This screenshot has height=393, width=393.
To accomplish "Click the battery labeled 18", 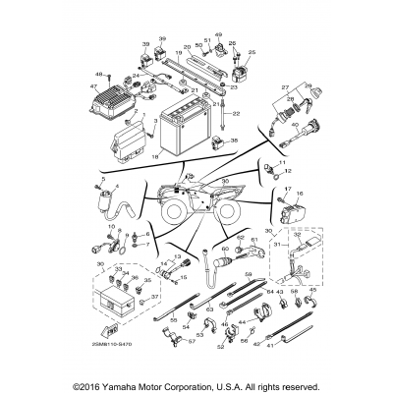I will pyautogui.click(x=185, y=132).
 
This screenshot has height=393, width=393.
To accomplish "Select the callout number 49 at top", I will pyautogui.click(x=218, y=34).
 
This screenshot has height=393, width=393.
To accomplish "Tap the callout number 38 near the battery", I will pyautogui.click(x=233, y=142).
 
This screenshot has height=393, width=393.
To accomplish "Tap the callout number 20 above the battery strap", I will pyautogui.click(x=188, y=47).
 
